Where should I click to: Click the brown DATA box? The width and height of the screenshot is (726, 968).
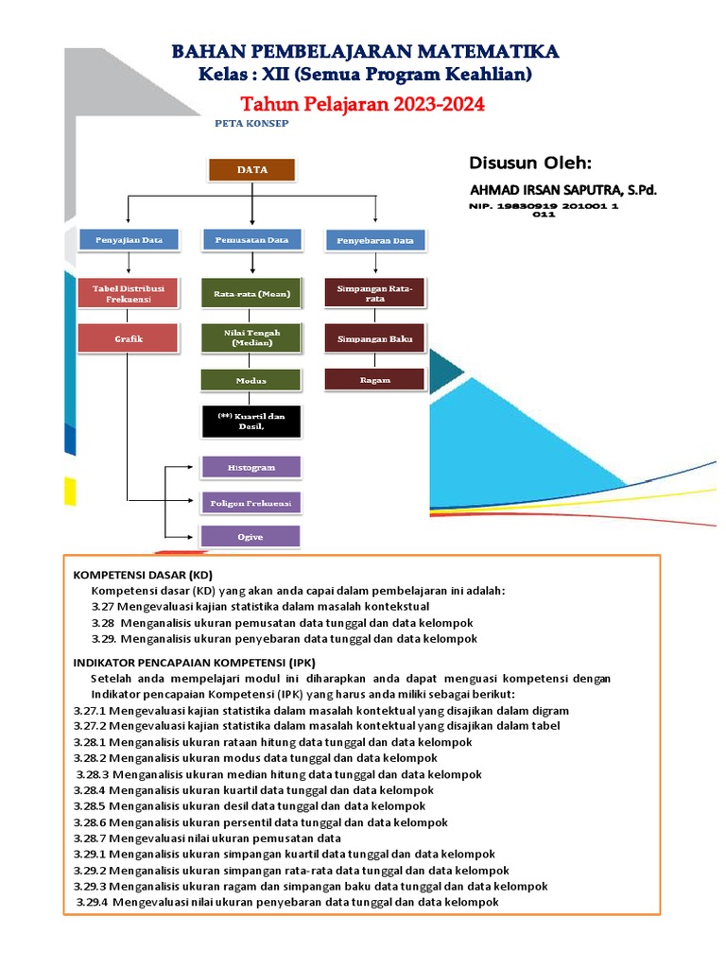click(251, 170)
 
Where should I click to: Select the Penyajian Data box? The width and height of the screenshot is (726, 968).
click(128, 240)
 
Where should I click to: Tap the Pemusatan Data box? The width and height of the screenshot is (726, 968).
click(251, 240)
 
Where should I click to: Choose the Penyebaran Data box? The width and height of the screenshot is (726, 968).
click(376, 241)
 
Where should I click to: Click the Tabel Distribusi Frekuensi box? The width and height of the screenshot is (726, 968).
click(128, 292)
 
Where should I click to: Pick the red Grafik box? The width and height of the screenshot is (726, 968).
click(128, 337)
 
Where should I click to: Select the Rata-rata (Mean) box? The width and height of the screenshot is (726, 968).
click(251, 294)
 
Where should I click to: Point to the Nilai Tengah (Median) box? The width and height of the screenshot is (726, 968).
click(251, 337)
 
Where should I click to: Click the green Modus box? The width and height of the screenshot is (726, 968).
click(251, 380)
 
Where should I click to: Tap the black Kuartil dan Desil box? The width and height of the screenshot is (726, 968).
click(251, 422)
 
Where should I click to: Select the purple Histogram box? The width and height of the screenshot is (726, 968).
click(251, 467)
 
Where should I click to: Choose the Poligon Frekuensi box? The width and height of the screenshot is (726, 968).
click(251, 501)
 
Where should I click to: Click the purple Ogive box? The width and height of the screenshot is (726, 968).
click(251, 536)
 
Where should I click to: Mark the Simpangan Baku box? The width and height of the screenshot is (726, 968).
click(375, 337)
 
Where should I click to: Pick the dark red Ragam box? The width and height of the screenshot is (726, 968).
click(375, 379)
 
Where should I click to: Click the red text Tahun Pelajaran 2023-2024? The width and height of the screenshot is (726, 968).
click(363, 105)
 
